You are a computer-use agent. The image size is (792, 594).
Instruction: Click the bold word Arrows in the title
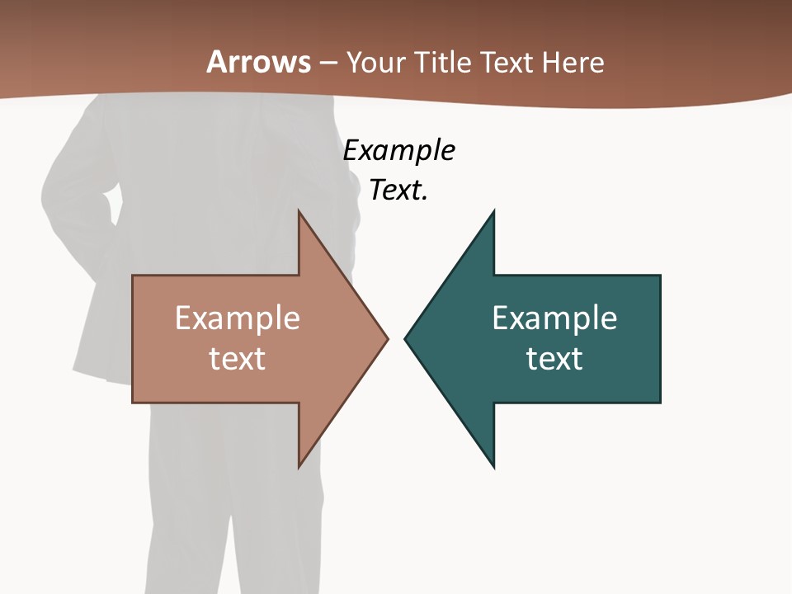coord(258,62)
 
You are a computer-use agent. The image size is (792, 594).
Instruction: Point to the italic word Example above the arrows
coord(398,151)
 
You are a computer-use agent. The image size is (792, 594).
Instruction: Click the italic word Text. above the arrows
coord(398,191)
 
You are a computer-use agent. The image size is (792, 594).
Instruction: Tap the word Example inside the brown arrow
coord(237,318)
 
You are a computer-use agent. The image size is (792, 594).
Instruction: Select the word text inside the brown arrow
coord(237,359)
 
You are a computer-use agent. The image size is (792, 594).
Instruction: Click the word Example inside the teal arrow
coord(554,318)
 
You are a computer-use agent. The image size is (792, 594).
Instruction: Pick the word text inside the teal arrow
coord(554,359)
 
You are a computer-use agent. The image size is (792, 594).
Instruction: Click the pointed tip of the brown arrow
coord(387,338)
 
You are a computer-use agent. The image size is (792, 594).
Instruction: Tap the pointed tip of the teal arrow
coord(405,338)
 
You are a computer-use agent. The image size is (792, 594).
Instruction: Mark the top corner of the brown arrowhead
coord(299,211)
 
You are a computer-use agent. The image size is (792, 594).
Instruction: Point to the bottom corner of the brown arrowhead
coord(299,467)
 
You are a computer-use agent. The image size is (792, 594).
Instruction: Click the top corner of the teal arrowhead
coord(493,211)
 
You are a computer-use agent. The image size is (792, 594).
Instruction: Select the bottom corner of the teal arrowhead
coord(493,467)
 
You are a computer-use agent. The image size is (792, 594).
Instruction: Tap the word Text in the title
coord(507,63)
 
